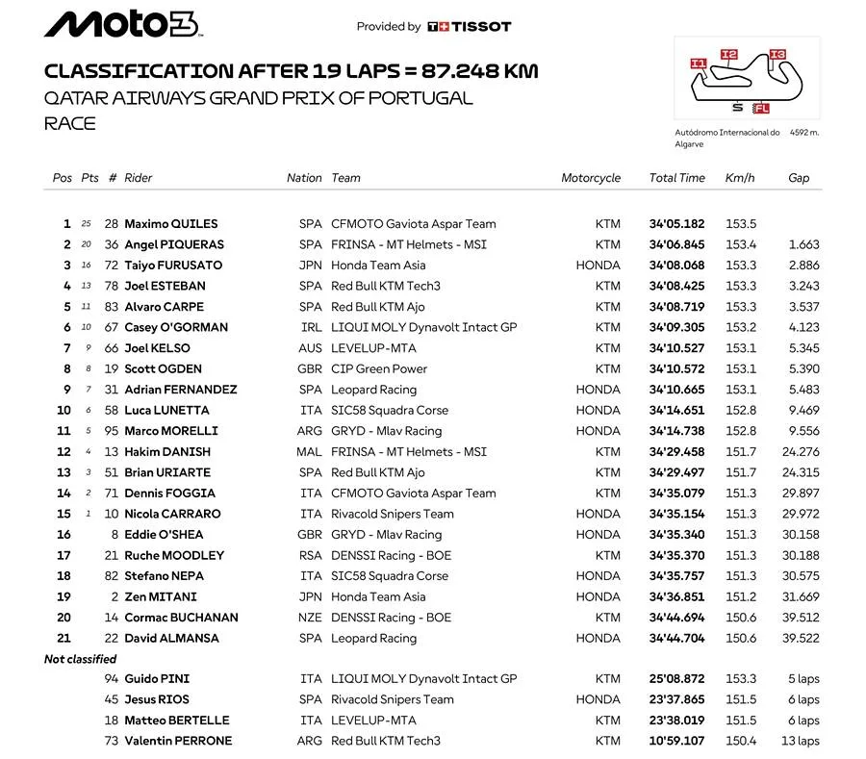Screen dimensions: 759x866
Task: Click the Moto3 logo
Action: (x=122, y=25)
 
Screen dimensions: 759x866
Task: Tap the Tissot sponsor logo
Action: (x=470, y=27)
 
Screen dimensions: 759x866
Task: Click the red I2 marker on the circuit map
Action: (x=728, y=55)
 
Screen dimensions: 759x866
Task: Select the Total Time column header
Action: (x=676, y=178)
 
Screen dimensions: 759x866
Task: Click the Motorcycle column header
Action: (x=591, y=178)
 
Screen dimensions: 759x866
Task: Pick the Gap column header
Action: (x=799, y=178)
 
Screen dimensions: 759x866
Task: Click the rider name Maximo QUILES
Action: (x=171, y=224)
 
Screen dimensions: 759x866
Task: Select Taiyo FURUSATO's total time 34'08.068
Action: (x=677, y=266)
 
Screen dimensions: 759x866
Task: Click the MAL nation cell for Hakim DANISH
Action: (x=309, y=452)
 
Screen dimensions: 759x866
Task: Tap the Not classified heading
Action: (x=80, y=659)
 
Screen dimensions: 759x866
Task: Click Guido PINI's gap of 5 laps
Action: (x=802, y=679)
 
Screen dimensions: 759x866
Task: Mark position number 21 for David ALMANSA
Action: (x=64, y=638)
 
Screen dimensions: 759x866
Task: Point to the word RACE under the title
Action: (x=70, y=123)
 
